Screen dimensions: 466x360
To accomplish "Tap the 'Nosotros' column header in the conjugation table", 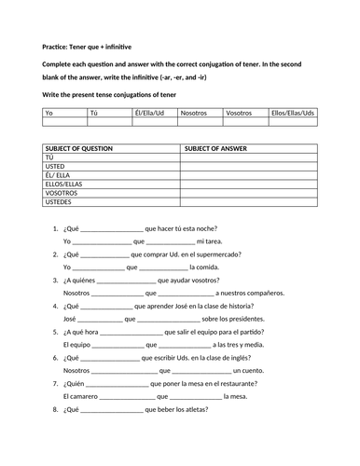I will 193,112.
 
